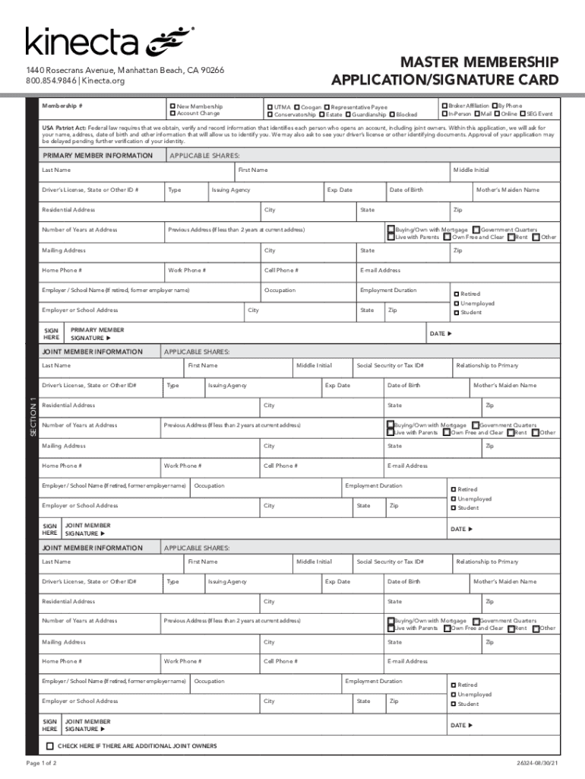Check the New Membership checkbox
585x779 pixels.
pyautogui.click(x=172, y=106)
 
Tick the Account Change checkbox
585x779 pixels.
pyautogui.click(x=172, y=113)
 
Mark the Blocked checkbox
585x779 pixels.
pyautogui.click(x=392, y=115)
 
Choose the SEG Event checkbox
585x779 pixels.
pyautogui.click(x=523, y=114)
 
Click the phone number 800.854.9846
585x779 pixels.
pyautogui.click(x=51, y=81)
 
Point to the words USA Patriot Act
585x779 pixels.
pyautogui.click(x=63, y=128)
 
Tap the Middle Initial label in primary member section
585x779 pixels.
pyautogui.click(x=471, y=170)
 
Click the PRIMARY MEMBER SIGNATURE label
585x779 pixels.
pyautogui.click(x=97, y=334)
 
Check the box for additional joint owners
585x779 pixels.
pyautogui.click(x=50, y=746)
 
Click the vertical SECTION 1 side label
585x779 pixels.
pyautogui.click(x=32, y=417)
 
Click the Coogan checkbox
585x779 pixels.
pyautogui.click(x=296, y=107)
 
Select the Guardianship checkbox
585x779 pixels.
pyautogui.click(x=348, y=115)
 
